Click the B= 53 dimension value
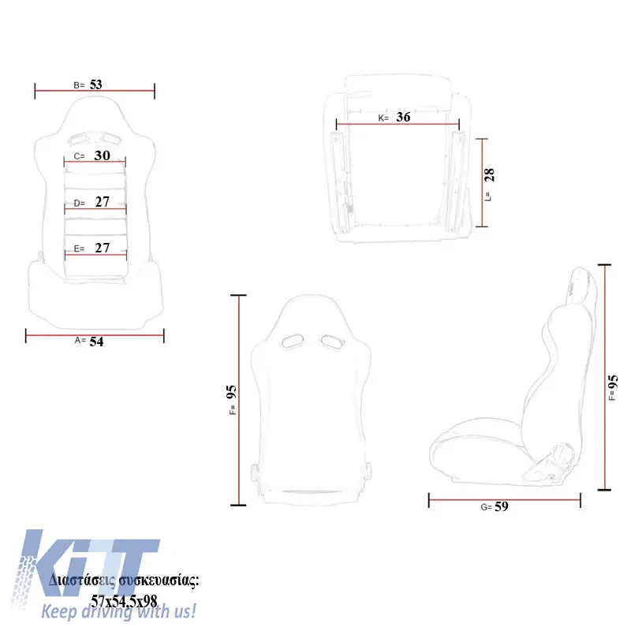[95, 84]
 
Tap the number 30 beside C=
[102, 155]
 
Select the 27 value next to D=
[103, 202]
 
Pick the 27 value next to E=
[103, 248]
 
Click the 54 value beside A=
[96, 342]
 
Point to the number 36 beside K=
[403, 117]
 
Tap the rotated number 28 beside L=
[489, 175]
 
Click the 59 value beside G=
[502, 506]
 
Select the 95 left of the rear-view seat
[231, 392]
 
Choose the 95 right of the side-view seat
[613, 382]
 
